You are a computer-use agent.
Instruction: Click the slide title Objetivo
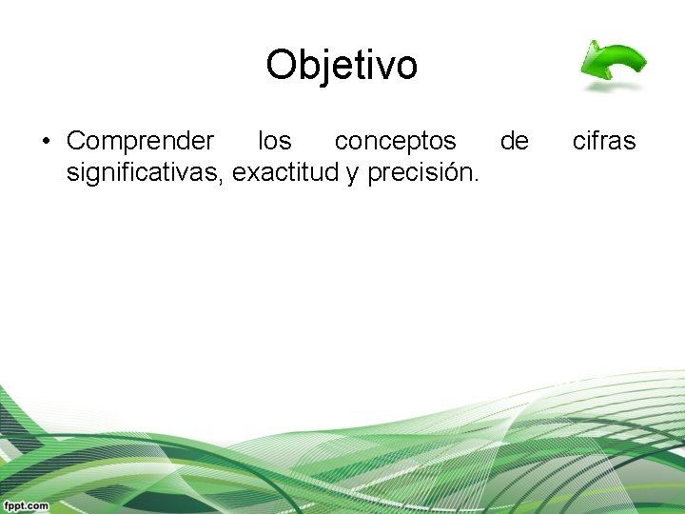[342, 66]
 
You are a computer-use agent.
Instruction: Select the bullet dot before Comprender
[45, 142]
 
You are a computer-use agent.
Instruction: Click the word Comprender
[140, 142]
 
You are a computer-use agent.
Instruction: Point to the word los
[274, 142]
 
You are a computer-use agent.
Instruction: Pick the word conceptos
[395, 142]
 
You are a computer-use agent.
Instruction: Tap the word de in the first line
[514, 142]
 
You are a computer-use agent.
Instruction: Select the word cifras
[603, 142]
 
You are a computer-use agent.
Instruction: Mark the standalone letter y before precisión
[340, 175]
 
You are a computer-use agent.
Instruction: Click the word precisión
[415, 173]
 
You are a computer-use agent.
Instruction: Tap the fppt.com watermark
[26, 505]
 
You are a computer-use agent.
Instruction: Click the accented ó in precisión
[453, 173]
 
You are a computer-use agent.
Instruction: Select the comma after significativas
[225, 181]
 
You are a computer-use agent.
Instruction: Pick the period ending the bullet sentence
[477, 181]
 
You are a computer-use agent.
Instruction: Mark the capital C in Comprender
[76, 142]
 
